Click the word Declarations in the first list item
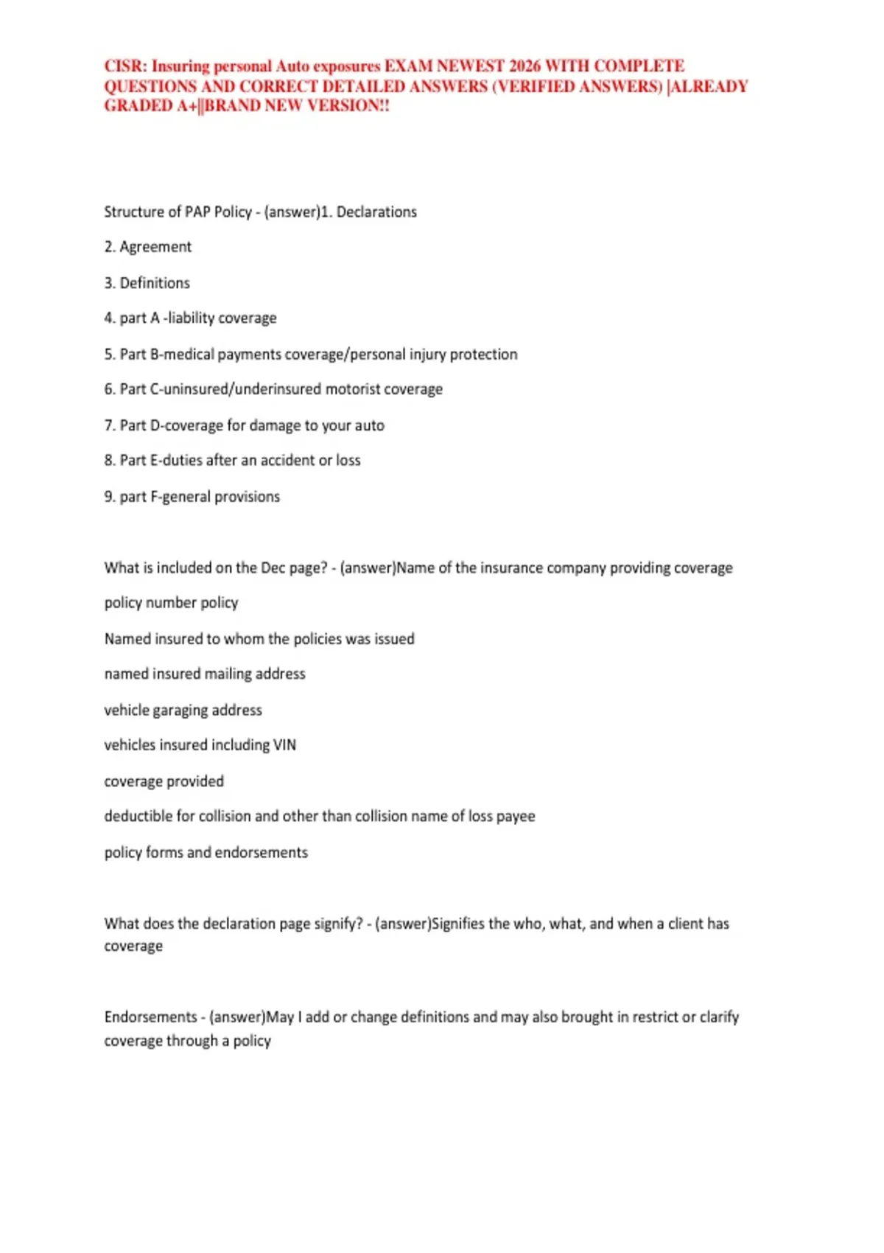coord(376,212)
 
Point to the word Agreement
coord(155,247)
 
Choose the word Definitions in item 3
coord(155,283)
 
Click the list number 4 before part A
coord(109,318)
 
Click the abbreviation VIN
coord(284,745)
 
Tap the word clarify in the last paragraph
coord(719,1017)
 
